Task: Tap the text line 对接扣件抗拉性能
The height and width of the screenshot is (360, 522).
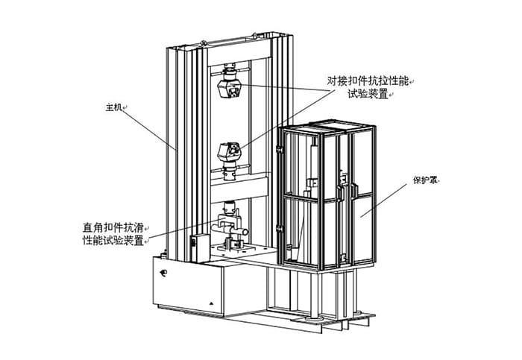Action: tap(370, 80)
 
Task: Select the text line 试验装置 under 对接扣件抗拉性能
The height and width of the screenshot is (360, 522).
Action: tap(369, 94)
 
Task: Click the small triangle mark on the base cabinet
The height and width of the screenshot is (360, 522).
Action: tap(211, 304)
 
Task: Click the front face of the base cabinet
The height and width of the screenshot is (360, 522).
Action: tap(186, 287)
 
